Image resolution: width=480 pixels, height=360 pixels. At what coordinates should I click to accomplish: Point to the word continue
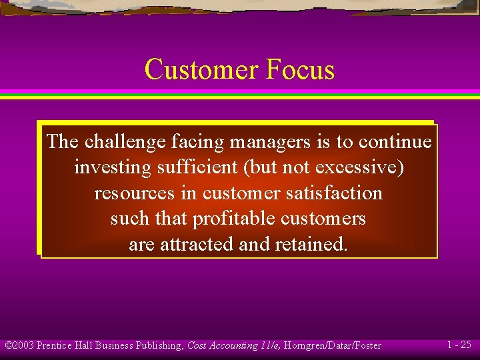point(395,141)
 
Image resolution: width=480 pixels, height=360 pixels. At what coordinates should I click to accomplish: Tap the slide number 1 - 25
point(459,345)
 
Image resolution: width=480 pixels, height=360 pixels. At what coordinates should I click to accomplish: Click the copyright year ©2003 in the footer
point(19,345)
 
